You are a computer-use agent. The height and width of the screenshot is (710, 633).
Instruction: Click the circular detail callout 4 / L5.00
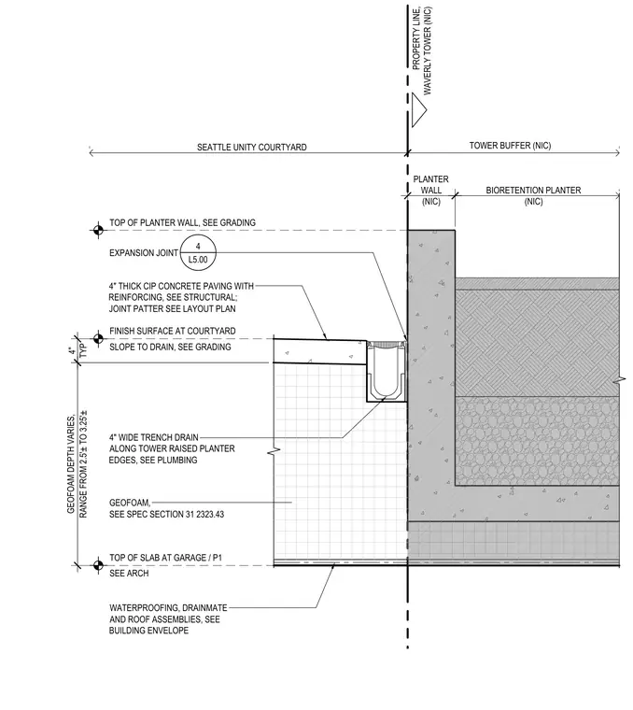[x=198, y=253]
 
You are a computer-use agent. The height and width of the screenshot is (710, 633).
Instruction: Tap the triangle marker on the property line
[x=419, y=110]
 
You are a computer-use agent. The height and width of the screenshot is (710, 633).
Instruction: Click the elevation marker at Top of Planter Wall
[x=98, y=230]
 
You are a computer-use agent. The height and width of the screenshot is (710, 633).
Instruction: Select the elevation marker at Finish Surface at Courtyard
[x=98, y=338]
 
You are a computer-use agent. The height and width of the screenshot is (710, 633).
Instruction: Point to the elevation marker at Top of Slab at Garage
[x=98, y=565]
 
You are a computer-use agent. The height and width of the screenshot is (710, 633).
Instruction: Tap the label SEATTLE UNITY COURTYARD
[x=251, y=148]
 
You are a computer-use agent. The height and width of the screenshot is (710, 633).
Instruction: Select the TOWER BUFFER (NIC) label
[x=510, y=146]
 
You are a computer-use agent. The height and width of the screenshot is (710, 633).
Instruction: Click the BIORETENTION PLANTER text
[x=533, y=191]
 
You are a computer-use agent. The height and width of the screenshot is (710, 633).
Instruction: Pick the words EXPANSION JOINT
[x=144, y=252]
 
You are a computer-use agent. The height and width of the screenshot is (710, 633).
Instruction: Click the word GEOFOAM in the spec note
[x=130, y=503]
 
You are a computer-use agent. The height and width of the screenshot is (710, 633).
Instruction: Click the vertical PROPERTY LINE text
[x=416, y=38]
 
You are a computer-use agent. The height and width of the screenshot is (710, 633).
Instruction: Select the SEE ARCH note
[x=129, y=574]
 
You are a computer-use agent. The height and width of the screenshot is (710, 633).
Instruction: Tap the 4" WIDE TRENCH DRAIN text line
[x=154, y=437]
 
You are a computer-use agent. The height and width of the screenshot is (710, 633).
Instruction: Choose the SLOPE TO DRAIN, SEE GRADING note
[x=170, y=347]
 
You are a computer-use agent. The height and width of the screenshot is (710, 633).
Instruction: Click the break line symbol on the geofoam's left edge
[x=274, y=451]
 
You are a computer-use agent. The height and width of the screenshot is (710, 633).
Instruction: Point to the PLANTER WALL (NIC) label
[x=430, y=191]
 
